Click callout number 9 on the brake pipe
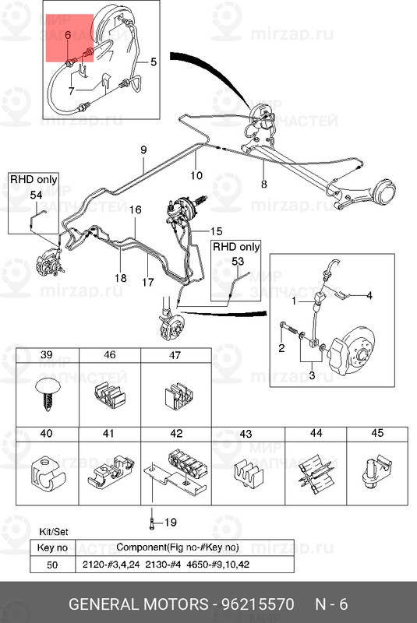click(143, 150)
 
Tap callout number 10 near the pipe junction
click(196, 175)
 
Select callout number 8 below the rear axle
click(264, 184)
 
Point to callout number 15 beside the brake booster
click(216, 231)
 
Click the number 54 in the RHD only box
click(36, 195)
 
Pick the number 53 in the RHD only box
click(237, 262)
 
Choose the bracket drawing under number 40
click(48, 473)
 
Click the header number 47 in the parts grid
click(175, 355)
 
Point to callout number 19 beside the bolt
click(170, 522)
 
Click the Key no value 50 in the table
click(52, 565)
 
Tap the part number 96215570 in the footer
click(257, 604)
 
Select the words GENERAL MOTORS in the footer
click(138, 604)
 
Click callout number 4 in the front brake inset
click(369, 296)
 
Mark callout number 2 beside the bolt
click(281, 348)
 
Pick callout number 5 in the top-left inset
click(154, 62)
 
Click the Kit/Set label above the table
click(54, 532)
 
